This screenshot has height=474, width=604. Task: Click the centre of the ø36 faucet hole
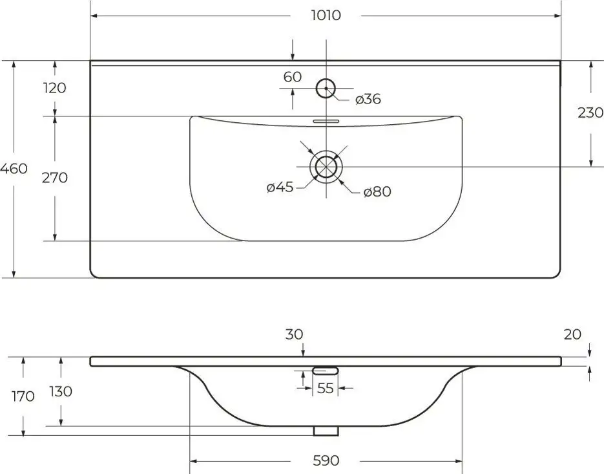click(326, 88)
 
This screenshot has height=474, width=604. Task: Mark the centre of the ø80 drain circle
click(326, 167)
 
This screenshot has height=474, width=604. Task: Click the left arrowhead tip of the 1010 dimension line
click(90, 16)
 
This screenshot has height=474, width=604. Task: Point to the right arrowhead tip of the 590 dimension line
click(462, 461)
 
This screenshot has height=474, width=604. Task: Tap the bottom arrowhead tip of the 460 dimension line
click(14, 277)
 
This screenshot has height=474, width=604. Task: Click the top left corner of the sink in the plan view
click(90, 61)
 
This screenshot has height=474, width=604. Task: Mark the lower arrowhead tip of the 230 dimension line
click(591, 167)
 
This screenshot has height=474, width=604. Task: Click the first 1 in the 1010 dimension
click(313, 16)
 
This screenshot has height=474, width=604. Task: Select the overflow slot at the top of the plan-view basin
click(326, 122)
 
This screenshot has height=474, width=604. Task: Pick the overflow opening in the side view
click(326, 371)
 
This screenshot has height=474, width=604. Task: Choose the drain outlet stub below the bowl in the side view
click(326, 431)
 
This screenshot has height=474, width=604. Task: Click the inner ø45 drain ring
click(326, 167)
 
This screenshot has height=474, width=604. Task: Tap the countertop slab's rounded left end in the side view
click(92, 361)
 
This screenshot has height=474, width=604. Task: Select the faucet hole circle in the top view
click(326, 88)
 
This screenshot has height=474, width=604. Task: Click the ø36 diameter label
click(368, 99)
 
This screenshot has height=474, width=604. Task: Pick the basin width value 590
click(326, 460)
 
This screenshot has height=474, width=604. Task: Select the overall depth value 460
click(14, 169)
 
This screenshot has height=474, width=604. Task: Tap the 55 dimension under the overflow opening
click(325, 388)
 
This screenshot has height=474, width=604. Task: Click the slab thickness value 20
click(572, 334)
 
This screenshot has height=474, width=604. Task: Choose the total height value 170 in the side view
click(23, 396)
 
